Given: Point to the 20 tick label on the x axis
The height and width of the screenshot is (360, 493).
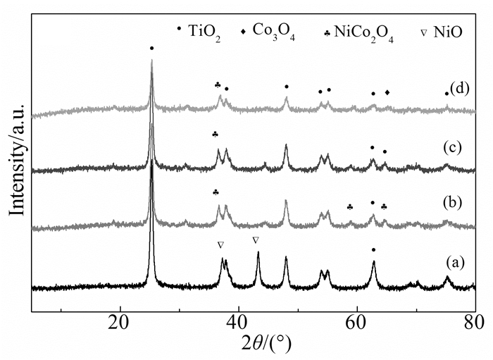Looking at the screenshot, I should pos(120,324).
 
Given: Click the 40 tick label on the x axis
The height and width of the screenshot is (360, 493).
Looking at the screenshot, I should pos(239,324).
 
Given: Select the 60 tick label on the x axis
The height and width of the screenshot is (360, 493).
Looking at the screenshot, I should pos(357,324).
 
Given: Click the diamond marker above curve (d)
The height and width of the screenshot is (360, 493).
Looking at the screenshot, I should pos(387,92).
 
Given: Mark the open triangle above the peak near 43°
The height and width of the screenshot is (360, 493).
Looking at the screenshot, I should pos(256,240).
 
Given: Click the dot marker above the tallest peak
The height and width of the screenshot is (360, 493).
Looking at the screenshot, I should pos(151,48).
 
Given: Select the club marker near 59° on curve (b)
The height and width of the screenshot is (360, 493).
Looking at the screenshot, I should pos(350,206).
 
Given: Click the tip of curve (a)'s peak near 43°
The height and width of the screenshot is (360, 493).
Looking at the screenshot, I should pos(258,253).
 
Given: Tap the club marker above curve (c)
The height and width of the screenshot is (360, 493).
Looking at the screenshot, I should pos(216,134).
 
